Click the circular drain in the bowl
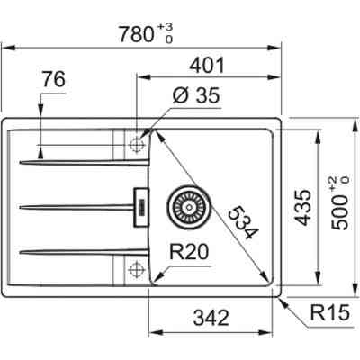[188, 205]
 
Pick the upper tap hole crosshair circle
[137, 144]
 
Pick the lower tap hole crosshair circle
[137, 267]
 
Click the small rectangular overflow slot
[139, 205]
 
